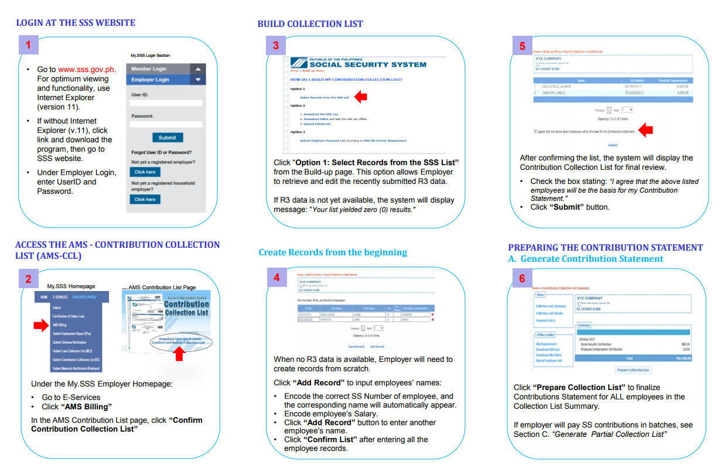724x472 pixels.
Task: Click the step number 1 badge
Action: pyautogui.click(x=28, y=44)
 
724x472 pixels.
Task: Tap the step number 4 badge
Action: pyautogui.click(x=276, y=278)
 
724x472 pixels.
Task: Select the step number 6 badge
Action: pyautogui.click(x=522, y=278)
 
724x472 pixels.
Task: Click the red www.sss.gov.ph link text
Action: pyautogui.click(x=87, y=69)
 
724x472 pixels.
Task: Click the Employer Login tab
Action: pyautogui.click(x=150, y=80)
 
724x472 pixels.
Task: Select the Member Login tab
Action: pyautogui.click(x=149, y=69)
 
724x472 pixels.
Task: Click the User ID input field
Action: pyautogui.click(x=166, y=103)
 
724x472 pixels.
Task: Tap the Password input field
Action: pyautogui.click(x=166, y=124)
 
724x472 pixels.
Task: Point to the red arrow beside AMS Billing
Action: pyautogui.click(x=40, y=325)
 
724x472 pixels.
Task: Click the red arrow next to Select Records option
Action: pyautogui.click(x=361, y=97)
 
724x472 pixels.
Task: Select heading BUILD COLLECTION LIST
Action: pyautogui.click(x=310, y=24)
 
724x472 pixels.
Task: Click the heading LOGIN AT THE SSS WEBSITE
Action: pyautogui.click(x=75, y=23)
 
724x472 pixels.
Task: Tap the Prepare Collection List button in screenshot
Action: pyautogui.click(x=633, y=370)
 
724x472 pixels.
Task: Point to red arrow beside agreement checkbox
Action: pyautogui.click(x=645, y=130)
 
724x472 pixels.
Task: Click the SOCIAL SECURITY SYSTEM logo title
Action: pyautogui.click(x=368, y=64)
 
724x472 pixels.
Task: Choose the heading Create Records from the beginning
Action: pyautogui.click(x=332, y=252)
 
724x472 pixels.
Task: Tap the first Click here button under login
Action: pyautogui.click(x=145, y=172)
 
